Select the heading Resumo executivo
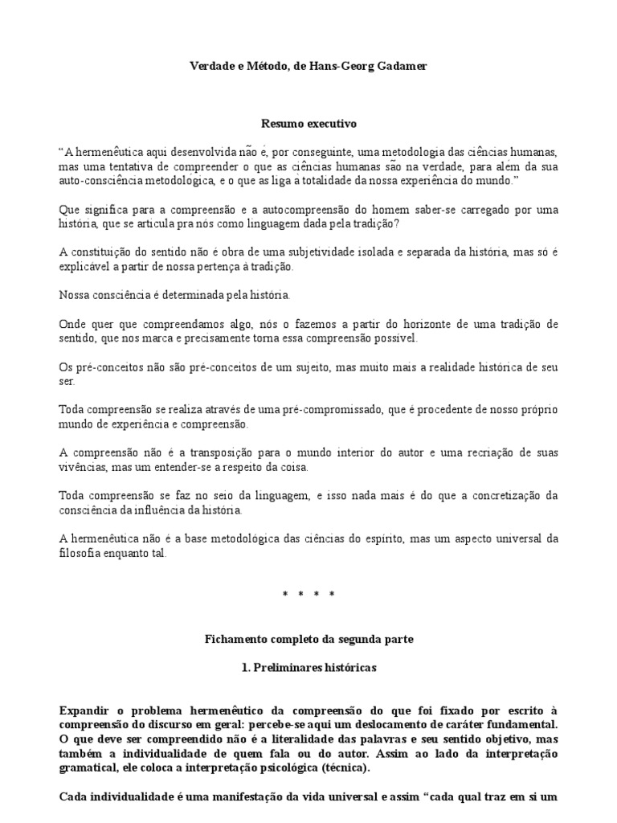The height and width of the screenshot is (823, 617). click(308, 124)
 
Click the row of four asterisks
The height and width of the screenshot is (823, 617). click(308, 595)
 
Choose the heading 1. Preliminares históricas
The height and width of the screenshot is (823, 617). click(308, 667)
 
